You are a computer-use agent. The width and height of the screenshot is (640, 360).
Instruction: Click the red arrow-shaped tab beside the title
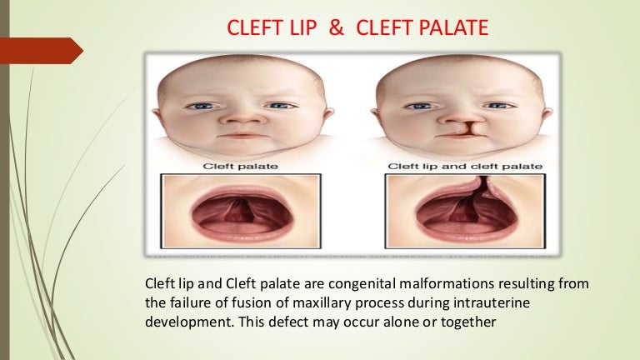point(42,51)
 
